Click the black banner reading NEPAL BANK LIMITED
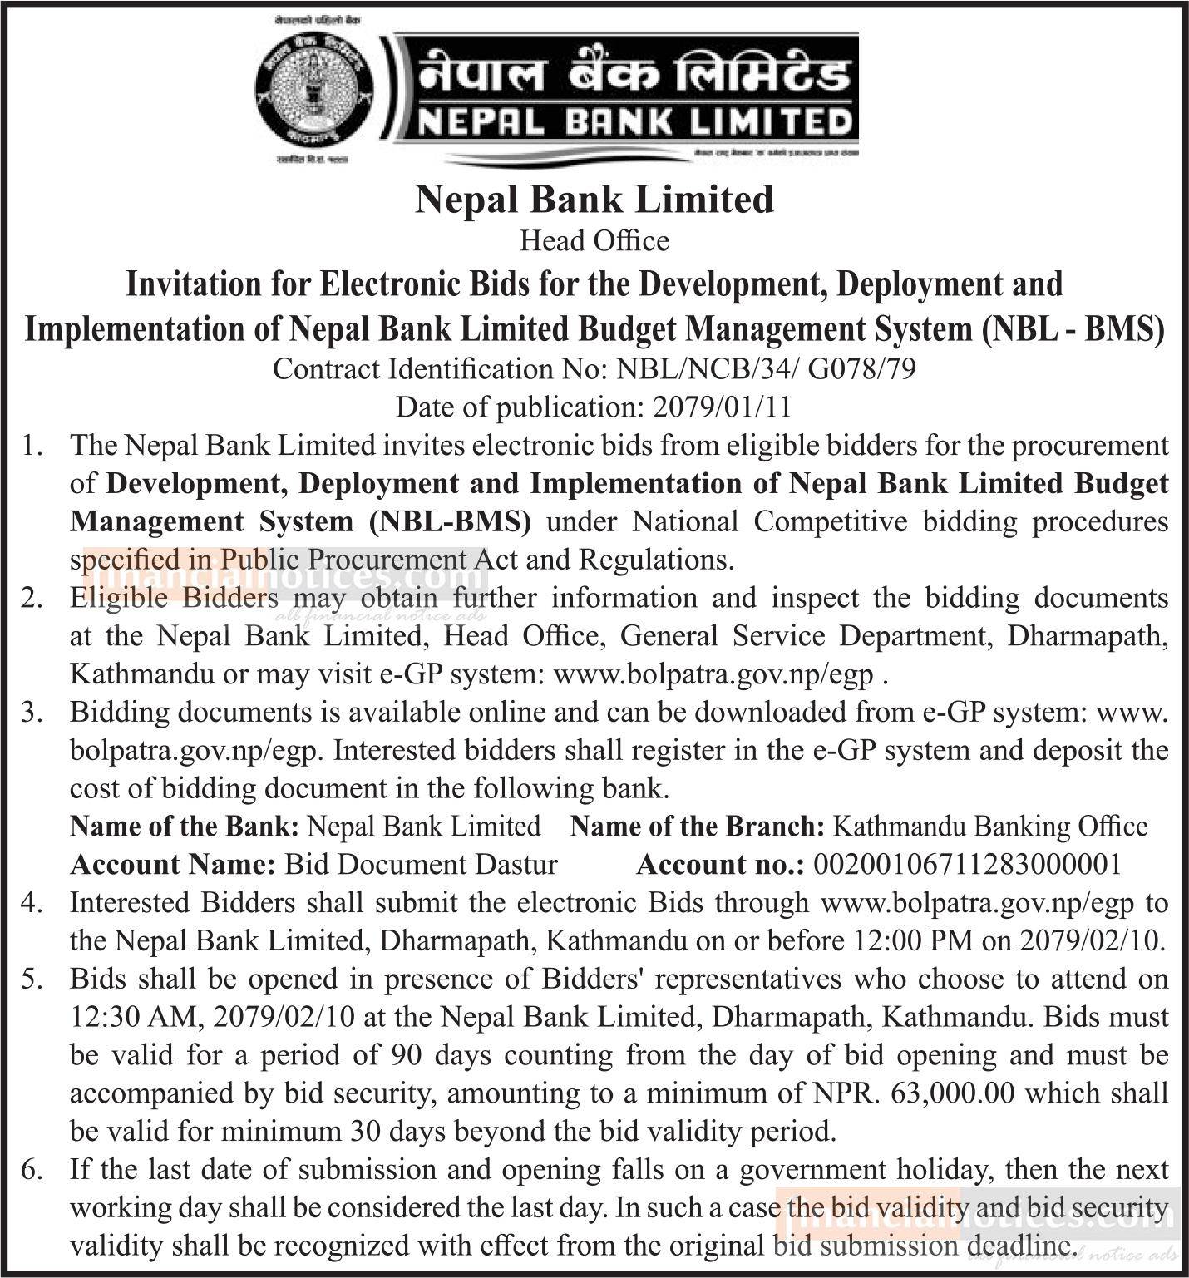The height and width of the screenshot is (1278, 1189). click(x=631, y=91)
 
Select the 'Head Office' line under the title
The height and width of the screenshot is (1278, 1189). click(x=594, y=241)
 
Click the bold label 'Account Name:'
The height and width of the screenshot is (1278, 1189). click(x=173, y=865)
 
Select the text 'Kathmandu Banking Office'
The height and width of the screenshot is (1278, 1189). click(x=989, y=827)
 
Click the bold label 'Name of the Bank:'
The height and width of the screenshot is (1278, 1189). click(x=185, y=827)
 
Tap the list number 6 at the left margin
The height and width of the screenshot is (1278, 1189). click(x=32, y=1170)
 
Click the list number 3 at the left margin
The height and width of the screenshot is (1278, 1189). click(x=32, y=713)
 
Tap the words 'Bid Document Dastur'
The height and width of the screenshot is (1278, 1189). click(x=421, y=865)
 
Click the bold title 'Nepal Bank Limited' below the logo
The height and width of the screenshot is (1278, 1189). click(x=594, y=200)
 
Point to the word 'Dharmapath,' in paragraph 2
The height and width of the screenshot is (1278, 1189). click(x=1084, y=636)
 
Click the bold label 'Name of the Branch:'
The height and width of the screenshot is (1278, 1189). click(x=698, y=827)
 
